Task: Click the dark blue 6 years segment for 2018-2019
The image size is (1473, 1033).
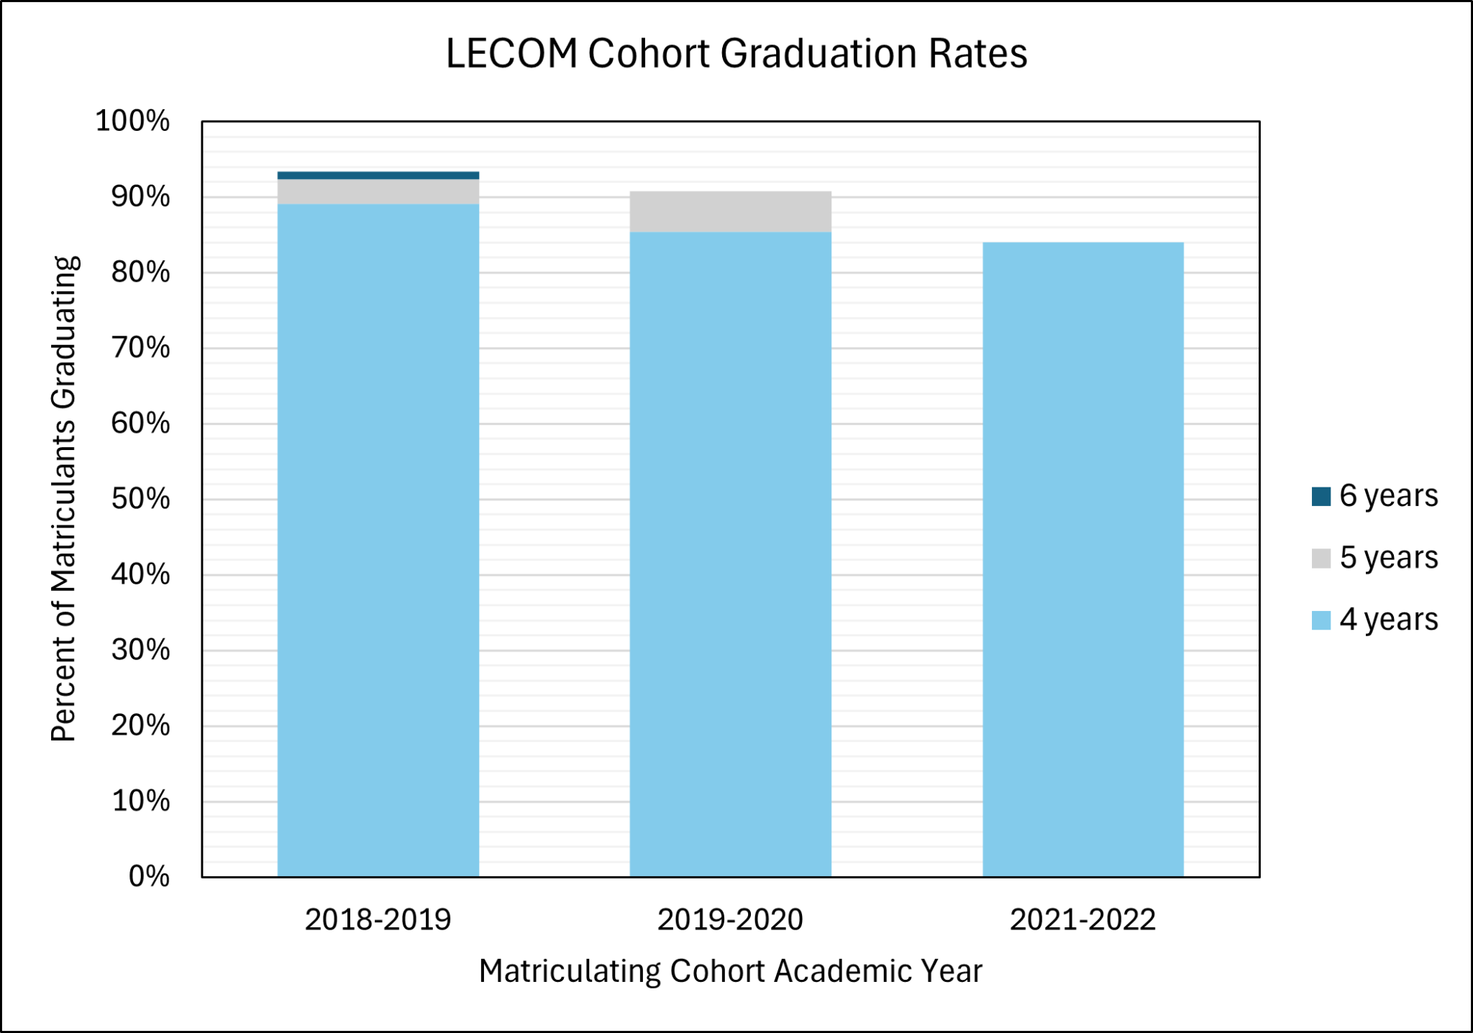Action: [378, 175]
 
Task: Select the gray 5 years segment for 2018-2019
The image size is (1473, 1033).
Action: [378, 192]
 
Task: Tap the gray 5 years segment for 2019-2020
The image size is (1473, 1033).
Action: [730, 212]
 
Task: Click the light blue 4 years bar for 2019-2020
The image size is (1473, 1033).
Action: [730, 554]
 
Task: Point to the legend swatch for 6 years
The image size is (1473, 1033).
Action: [1321, 497]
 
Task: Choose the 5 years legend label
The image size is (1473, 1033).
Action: [1388, 558]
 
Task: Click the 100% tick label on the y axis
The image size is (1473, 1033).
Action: [132, 121]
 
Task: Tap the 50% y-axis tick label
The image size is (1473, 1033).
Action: [140, 499]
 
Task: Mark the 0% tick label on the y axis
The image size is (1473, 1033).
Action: [149, 876]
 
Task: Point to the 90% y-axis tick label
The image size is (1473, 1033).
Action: [140, 196]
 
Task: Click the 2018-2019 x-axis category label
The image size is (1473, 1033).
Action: [378, 919]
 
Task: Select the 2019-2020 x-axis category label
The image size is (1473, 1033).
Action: [730, 919]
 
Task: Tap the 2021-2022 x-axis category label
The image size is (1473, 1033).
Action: [1082, 919]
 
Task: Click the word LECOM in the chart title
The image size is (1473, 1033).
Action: [511, 54]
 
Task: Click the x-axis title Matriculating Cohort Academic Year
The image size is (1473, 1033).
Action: [730, 971]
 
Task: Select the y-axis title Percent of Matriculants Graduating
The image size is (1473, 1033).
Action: [64, 498]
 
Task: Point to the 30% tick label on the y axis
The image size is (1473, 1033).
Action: [140, 650]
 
